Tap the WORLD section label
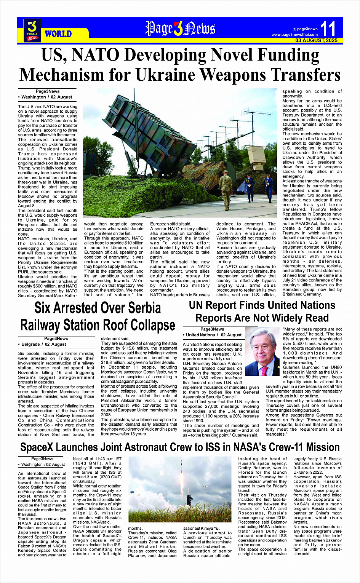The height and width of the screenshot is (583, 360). click(x=58, y=34)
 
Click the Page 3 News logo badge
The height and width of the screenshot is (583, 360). click(x=32, y=30)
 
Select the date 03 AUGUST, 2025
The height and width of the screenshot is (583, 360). click(x=316, y=40)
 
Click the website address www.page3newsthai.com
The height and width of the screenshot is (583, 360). click(x=294, y=35)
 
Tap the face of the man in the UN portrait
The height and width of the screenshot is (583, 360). click(x=262, y=346)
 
